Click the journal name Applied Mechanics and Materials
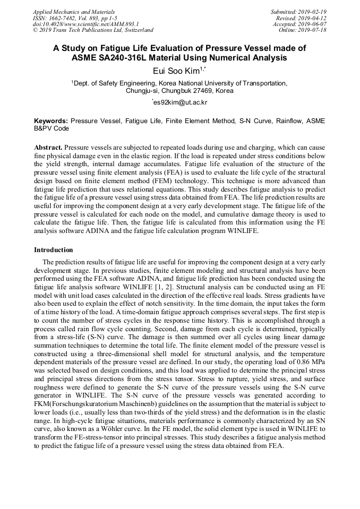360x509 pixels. [x=73, y=12]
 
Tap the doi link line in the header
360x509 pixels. [x=85, y=24]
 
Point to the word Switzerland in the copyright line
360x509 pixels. [x=135, y=30]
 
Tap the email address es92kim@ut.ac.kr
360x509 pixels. [x=180, y=102]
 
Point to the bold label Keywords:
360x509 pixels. [x=51, y=121]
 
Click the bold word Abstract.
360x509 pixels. [x=48, y=146]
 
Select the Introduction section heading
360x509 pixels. [x=54, y=249]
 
